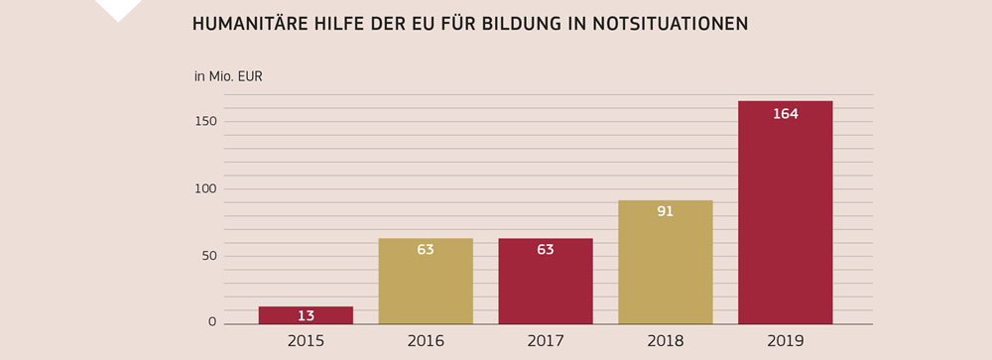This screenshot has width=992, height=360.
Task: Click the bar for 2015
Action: point(306,315)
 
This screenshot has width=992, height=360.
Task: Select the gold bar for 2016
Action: point(426,282)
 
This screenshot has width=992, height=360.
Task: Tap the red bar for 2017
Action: point(546,282)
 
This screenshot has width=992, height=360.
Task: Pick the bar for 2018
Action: point(665,263)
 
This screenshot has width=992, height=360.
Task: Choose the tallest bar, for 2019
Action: point(785,213)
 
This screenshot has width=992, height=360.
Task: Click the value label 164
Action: point(785,114)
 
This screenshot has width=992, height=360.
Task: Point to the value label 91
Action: point(665,211)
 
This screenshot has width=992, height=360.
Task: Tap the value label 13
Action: point(306,315)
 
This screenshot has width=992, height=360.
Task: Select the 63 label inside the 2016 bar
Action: point(426,250)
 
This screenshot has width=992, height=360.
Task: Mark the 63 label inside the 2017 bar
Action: point(546,250)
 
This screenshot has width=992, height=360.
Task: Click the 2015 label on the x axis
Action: point(306,341)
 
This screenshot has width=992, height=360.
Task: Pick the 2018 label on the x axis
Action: point(665,341)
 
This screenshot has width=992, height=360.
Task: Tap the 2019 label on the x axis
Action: point(785,341)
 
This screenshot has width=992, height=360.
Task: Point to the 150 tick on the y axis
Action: point(205,121)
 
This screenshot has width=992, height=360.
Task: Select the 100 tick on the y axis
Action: point(205,188)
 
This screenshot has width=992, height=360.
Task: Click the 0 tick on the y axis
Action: point(211,322)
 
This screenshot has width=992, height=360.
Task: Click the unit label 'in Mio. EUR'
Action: point(228,76)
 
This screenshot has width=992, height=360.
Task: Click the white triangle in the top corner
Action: point(117,9)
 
